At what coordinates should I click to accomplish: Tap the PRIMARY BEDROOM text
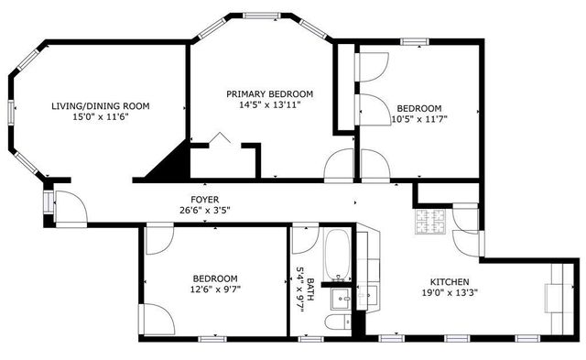270,93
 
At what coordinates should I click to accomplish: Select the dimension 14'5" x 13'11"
270,104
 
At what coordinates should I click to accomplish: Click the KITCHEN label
450,281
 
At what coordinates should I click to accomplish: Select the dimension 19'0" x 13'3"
450,293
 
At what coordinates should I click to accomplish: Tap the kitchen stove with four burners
430,221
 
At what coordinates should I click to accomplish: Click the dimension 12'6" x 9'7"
215,290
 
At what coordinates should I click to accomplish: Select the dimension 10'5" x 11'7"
418,118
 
